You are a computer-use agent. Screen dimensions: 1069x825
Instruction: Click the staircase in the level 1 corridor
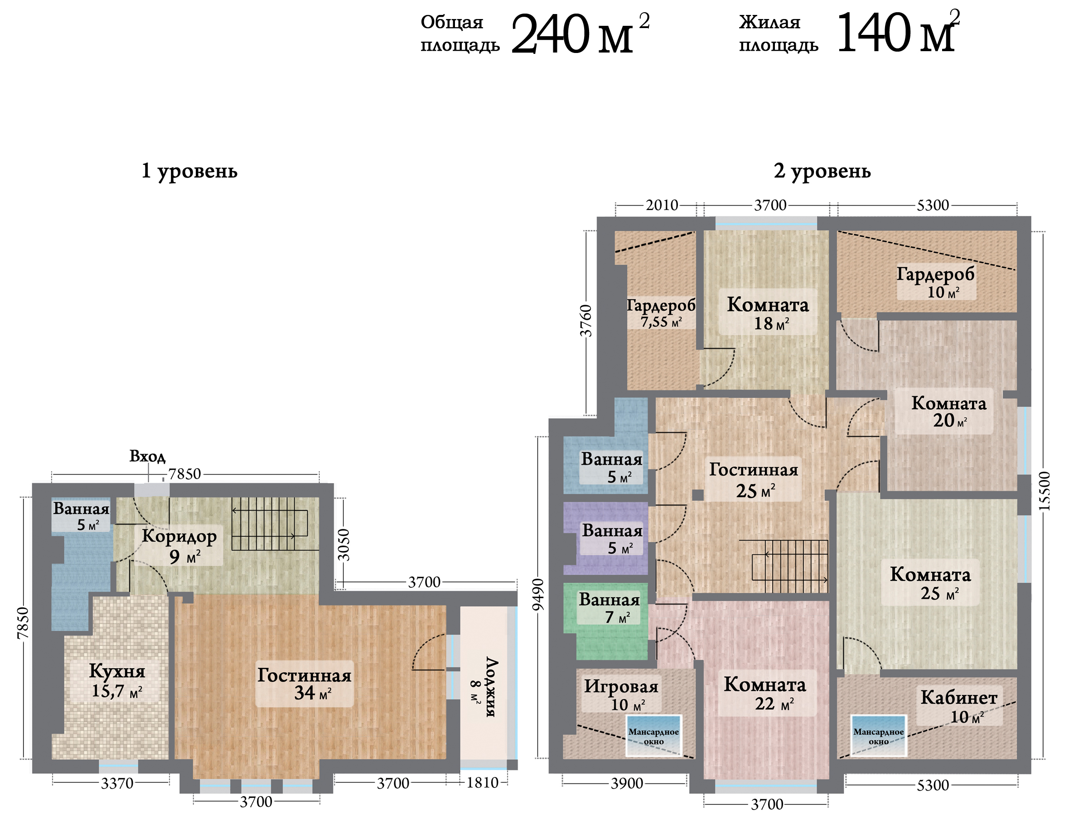tap(270, 524)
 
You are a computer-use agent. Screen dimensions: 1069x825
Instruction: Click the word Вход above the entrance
tap(147, 456)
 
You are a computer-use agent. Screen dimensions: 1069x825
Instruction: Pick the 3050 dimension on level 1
tap(344, 544)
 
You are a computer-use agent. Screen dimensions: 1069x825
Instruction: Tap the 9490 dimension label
tap(538, 595)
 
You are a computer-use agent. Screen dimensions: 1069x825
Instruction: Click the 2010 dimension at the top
tap(662, 205)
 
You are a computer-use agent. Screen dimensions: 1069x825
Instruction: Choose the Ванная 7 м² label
tap(609, 608)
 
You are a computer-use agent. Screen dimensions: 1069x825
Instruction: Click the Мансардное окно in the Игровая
tap(653, 735)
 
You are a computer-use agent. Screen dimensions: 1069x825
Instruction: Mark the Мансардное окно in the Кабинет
tap(879, 735)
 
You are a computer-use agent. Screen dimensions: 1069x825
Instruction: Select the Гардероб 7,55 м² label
tap(661, 313)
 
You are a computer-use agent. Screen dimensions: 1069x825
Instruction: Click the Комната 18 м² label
tap(768, 313)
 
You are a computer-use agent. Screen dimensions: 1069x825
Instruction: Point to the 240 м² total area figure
tap(580, 33)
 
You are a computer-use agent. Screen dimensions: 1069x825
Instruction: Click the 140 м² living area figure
tap(898, 31)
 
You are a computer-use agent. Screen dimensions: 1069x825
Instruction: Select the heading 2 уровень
tap(822, 172)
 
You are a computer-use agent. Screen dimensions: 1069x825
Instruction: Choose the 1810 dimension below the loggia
tap(482, 783)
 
